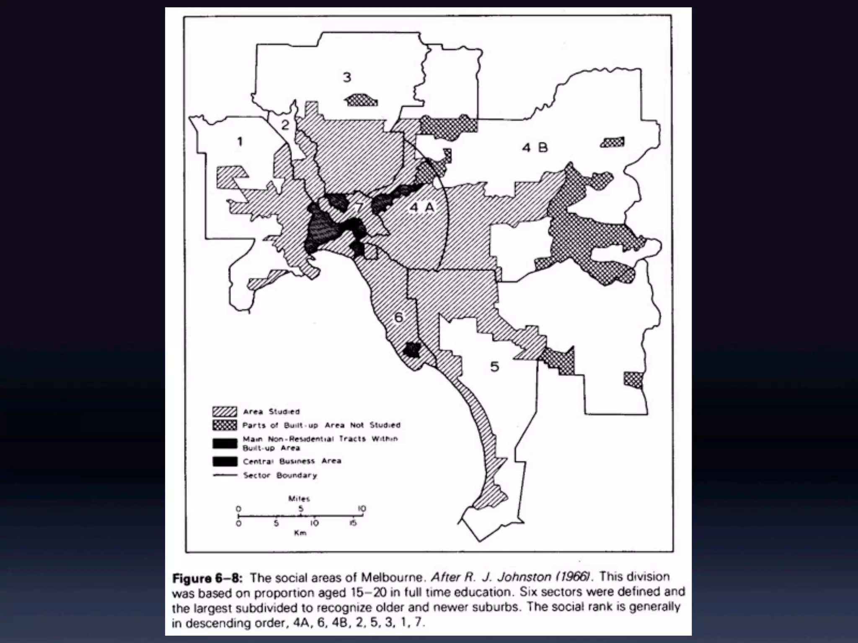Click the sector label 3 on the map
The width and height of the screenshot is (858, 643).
click(x=347, y=77)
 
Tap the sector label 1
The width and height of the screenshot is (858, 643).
click(x=240, y=142)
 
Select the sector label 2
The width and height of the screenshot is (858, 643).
click(x=285, y=125)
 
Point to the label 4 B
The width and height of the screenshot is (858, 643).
click(x=535, y=148)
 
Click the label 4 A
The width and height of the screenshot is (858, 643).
click(x=422, y=207)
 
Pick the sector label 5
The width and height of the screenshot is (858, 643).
click(x=495, y=367)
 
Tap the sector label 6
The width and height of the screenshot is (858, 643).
click(x=398, y=317)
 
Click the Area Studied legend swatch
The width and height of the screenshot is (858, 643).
click(x=225, y=412)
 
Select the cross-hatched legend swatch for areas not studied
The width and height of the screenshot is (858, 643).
click(x=225, y=425)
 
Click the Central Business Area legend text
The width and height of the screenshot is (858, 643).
click(x=292, y=461)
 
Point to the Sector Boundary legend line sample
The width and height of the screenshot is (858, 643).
click(x=225, y=475)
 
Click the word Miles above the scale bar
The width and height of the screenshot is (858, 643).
click(x=299, y=499)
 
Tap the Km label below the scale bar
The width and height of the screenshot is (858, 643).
click(x=300, y=533)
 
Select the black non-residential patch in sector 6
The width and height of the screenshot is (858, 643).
click(x=412, y=350)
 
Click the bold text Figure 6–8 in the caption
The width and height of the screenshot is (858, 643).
click(x=207, y=579)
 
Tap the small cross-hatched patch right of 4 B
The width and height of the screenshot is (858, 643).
click(x=612, y=142)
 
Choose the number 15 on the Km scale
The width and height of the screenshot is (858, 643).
click(x=353, y=523)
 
